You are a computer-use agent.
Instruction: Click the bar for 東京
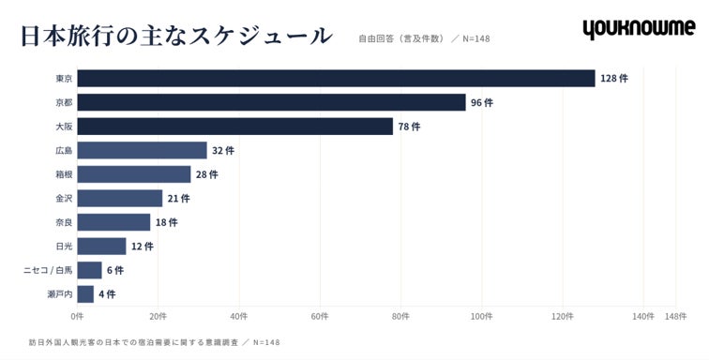[336, 78]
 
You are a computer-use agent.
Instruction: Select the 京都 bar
[271, 102]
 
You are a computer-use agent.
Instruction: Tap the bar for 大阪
[235, 127]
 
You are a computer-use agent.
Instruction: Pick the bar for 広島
[142, 150]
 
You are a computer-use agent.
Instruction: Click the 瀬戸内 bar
[85, 294]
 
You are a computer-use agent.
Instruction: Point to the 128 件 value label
[614, 78]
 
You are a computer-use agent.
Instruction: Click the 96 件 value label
[482, 103]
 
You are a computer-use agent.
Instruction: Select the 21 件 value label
[178, 198]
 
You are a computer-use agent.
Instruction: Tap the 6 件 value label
[115, 270]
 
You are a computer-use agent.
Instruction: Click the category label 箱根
[64, 174]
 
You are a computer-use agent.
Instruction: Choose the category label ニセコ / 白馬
[48, 270]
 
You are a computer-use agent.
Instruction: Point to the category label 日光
[64, 246]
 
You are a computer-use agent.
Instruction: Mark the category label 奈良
[64, 222]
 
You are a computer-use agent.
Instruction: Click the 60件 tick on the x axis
[320, 317]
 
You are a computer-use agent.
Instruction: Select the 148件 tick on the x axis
[675, 317]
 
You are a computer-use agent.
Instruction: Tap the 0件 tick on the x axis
[77, 317]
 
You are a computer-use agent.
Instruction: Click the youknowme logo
[639, 28]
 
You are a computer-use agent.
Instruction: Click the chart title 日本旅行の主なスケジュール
[177, 37]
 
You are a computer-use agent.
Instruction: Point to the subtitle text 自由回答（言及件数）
[401, 38]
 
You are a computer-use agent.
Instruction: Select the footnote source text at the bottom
[154, 342]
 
